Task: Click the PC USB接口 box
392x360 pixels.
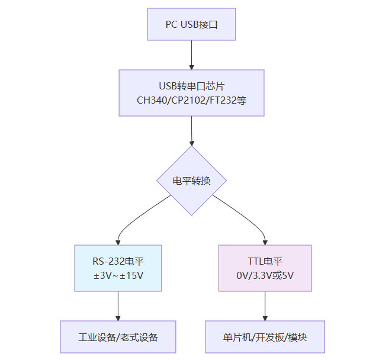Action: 191,24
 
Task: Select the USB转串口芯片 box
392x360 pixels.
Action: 191,93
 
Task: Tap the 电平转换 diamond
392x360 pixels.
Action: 191,181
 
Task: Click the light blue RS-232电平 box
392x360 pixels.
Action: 118,268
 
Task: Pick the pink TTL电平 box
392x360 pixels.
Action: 265,268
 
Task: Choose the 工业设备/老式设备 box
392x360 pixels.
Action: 118,337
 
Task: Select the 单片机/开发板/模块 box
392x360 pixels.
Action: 265,337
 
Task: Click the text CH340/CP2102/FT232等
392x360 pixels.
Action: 191,101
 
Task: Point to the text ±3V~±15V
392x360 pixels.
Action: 118,275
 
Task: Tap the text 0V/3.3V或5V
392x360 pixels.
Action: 265,275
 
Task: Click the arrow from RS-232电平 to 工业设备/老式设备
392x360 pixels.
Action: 118,306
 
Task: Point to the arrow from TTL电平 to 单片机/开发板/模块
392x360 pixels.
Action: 265,306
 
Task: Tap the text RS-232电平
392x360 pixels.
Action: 118,261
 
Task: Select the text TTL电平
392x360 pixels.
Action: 265,261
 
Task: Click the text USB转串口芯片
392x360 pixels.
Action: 191,86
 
